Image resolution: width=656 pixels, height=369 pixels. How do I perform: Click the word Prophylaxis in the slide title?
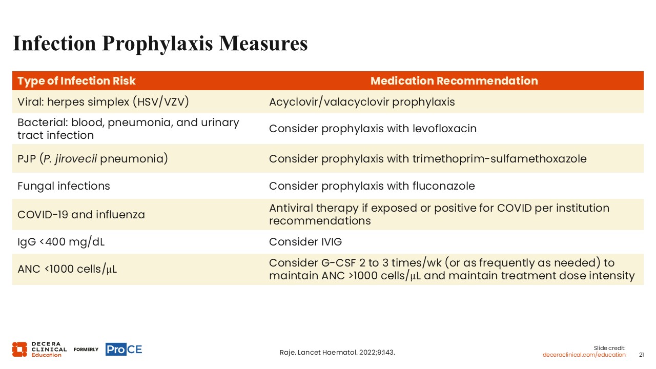tap(157, 44)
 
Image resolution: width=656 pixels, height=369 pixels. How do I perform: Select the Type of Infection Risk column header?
tap(76, 81)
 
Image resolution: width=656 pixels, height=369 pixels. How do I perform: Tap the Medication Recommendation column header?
tap(454, 81)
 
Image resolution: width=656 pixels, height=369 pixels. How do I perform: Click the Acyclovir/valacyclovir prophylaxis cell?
tap(362, 102)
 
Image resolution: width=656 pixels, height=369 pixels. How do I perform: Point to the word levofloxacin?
tap(444, 129)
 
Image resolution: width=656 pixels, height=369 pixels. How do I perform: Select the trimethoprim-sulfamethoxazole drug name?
tap(500, 159)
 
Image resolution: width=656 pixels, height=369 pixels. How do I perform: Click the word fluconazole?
tap(444, 186)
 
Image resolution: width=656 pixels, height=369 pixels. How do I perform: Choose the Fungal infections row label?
tap(64, 186)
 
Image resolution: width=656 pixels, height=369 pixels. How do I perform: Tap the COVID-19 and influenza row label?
tap(81, 215)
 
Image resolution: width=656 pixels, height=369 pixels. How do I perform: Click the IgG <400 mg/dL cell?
tap(61, 242)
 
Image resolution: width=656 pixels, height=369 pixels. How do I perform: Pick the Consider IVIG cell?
tap(305, 242)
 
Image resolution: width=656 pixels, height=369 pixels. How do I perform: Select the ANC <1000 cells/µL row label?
tap(67, 269)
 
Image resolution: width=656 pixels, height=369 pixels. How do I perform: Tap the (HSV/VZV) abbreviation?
tap(161, 102)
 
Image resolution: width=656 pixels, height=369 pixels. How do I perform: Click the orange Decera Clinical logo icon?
tap(19, 350)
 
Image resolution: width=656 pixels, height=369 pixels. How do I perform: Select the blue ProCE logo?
tap(124, 350)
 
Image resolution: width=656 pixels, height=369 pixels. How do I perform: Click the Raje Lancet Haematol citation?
tap(337, 352)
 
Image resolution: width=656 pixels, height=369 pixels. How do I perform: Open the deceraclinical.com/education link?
tap(584, 355)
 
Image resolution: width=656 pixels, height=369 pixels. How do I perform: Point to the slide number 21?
tap(641, 355)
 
